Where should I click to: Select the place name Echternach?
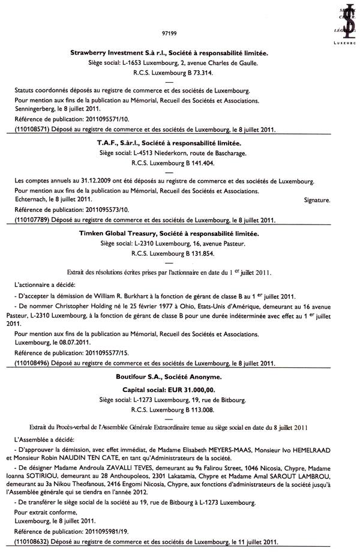(33, 199)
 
